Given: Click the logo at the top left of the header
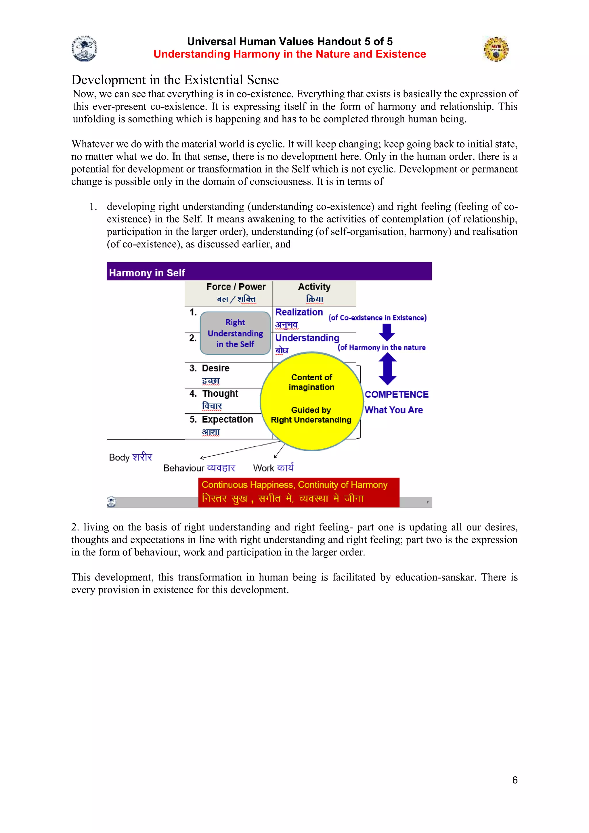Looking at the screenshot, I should [x=85, y=48].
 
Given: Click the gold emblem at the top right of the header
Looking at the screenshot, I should [x=496, y=49].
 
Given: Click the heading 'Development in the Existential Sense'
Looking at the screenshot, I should [x=175, y=80].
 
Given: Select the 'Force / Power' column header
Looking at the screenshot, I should [x=236, y=287].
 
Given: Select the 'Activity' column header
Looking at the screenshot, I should [x=314, y=287].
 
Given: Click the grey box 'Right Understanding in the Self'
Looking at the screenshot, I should [x=235, y=333].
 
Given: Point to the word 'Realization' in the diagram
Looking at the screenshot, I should [x=299, y=312].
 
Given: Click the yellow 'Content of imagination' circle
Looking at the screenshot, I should [x=311, y=401].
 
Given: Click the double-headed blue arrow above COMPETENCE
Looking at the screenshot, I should [x=387, y=369].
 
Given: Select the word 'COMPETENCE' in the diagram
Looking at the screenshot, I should [x=396, y=394].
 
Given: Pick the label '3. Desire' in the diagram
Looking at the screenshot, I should [x=209, y=368].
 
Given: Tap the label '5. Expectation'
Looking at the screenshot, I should [x=221, y=419].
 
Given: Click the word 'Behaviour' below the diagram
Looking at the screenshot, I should [x=183, y=468].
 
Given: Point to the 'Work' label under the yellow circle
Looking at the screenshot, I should [x=264, y=468].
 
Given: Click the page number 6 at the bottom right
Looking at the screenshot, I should [x=515, y=780].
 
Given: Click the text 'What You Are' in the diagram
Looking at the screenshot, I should [x=393, y=410].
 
